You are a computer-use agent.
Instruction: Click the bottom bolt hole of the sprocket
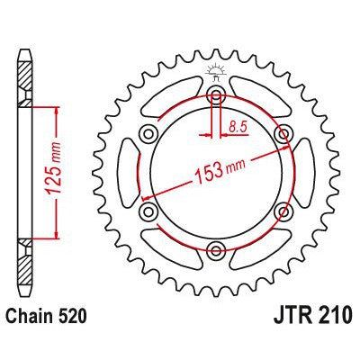click(216, 249)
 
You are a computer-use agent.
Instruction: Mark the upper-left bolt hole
click(149, 134)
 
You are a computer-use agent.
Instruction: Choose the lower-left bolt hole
click(149, 211)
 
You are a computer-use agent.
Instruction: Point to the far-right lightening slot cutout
click(301, 172)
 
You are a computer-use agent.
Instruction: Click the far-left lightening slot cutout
click(132, 172)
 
